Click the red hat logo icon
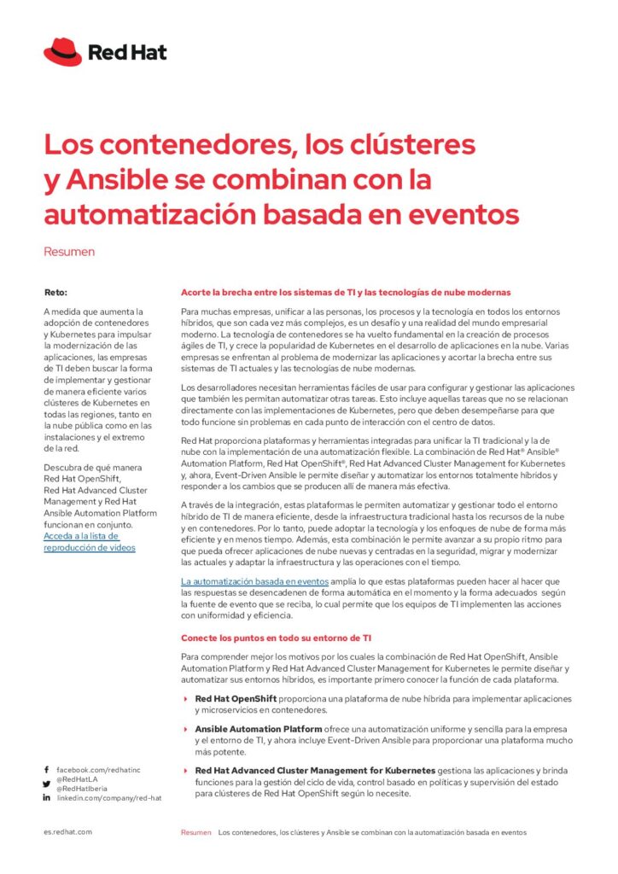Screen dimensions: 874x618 coord(62,52)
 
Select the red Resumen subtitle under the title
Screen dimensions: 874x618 coord(69,252)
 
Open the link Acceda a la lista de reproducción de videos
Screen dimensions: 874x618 coord(89,541)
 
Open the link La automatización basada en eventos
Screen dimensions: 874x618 coord(254,581)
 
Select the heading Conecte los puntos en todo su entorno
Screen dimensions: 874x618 coord(276,637)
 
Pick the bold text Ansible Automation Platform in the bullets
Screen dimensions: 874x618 coord(259,729)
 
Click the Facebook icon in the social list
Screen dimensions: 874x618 coord(46,770)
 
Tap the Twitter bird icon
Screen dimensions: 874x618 coord(46,784)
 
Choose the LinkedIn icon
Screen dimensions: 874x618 coord(46,797)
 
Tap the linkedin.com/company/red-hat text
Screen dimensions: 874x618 coord(109,797)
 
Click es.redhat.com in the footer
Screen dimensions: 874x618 coord(67,831)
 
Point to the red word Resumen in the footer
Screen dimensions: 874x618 coord(195,831)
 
